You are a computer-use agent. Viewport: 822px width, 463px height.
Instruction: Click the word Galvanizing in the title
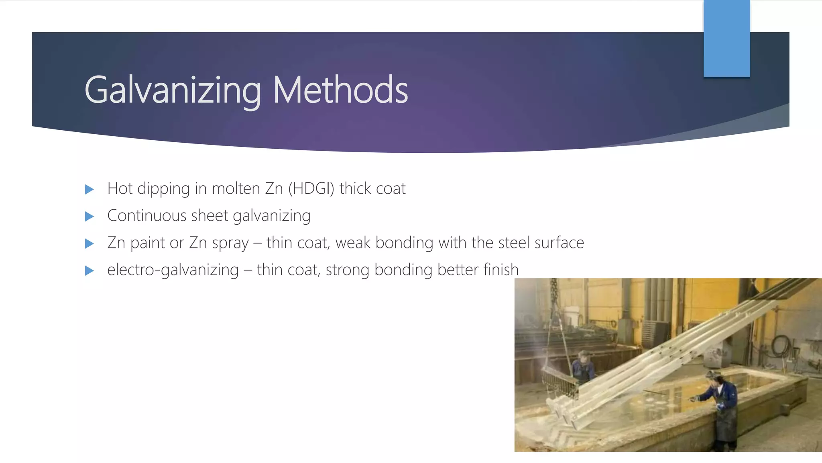pyautogui.click(x=173, y=90)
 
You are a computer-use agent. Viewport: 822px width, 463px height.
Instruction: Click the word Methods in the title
pyautogui.click(x=340, y=90)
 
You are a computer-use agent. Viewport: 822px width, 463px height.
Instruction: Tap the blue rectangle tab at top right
pyautogui.click(x=726, y=39)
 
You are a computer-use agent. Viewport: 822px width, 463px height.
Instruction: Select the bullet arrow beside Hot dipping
pyautogui.click(x=90, y=189)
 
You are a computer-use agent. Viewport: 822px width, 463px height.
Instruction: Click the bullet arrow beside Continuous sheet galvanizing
pyautogui.click(x=90, y=217)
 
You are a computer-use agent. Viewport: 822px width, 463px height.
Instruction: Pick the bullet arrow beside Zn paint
pyautogui.click(x=90, y=244)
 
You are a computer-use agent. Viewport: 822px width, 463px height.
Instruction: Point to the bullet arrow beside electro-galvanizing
pyautogui.click(x=90, y=270)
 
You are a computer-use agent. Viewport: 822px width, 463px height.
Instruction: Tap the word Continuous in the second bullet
pyautogui.click(x=147, y=216)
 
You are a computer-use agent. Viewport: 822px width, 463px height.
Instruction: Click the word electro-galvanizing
pyautogui.click(x=173, y=270)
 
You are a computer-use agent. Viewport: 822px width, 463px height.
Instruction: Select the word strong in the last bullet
pyautogui.click(x=347, y=270)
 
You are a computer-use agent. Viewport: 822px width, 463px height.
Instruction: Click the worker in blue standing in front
pyautogui.click(x=722, y=406)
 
